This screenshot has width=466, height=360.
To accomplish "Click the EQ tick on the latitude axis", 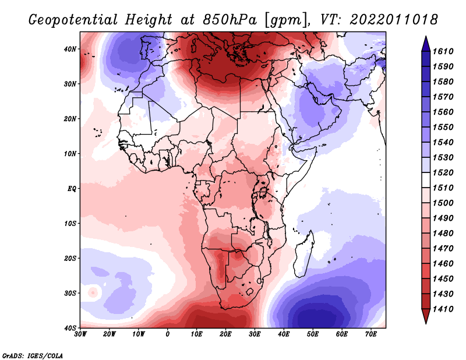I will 72,189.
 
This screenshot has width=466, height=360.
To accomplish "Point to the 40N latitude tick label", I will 70,49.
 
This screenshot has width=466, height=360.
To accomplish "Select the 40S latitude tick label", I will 70,328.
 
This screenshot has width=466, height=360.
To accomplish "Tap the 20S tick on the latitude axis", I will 70,258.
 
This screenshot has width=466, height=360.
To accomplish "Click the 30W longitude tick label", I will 81,334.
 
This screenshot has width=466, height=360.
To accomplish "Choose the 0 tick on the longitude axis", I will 168,334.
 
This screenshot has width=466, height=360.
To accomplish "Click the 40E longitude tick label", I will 284,334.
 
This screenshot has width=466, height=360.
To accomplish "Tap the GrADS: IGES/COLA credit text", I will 33,354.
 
